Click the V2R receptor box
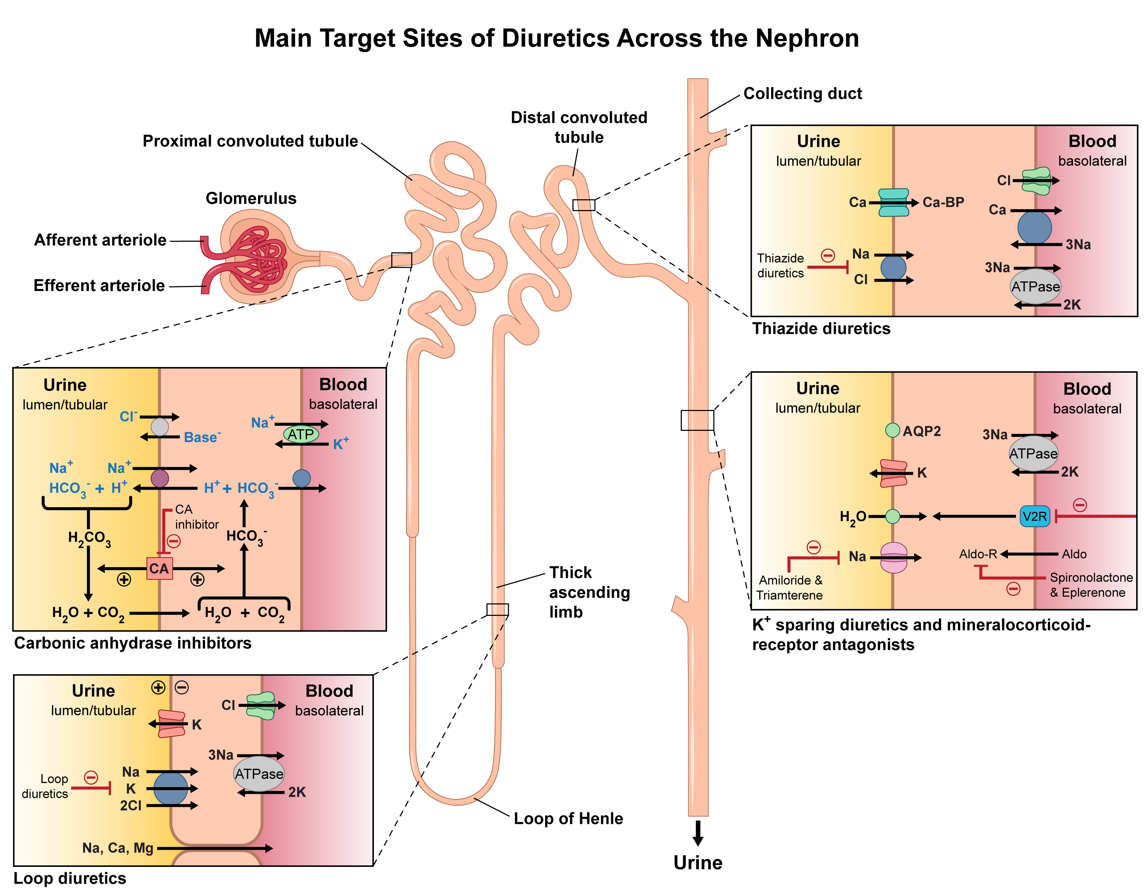[1034, 517]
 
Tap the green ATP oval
[301, 434]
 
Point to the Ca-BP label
[943, 202]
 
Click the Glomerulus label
[251, 198]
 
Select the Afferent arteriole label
[100, 240]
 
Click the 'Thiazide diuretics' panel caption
[821, 329]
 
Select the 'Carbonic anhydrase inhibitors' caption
[133, 643]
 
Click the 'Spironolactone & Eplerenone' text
[1091, 585]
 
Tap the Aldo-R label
[978, 554]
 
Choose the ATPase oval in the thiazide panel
[1035, 286]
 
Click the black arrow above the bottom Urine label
[698, 833]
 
